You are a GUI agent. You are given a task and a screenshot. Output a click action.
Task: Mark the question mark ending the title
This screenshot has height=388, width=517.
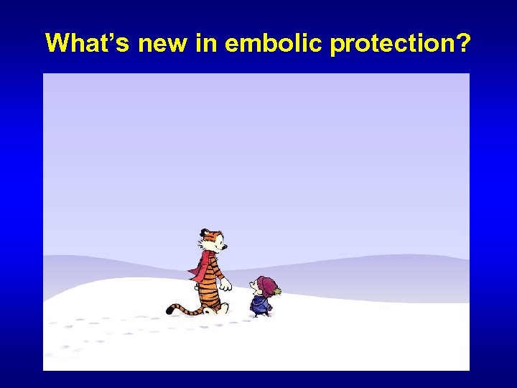[464, 44]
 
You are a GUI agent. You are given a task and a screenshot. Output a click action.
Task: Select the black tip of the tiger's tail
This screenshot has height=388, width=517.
[170, 310]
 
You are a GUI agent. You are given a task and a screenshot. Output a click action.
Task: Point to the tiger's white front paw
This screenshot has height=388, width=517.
[226, 285]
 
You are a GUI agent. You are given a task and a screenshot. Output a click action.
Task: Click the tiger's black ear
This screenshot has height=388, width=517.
[203, 231]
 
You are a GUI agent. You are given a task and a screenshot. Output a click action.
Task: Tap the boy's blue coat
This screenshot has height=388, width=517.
[259, 303]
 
